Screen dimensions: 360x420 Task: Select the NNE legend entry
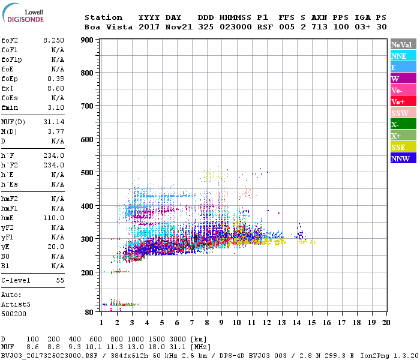pos(402,56)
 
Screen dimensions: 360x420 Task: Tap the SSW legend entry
pos(402,113)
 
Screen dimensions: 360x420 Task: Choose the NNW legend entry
pos(402,158)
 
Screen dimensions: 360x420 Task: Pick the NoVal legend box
pos(402,44)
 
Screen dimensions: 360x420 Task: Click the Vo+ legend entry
pos(402,101)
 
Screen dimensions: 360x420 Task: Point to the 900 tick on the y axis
pos(88,40)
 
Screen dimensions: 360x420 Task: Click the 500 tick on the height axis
pos(88,173)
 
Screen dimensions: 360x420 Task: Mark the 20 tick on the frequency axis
pos(385,323)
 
